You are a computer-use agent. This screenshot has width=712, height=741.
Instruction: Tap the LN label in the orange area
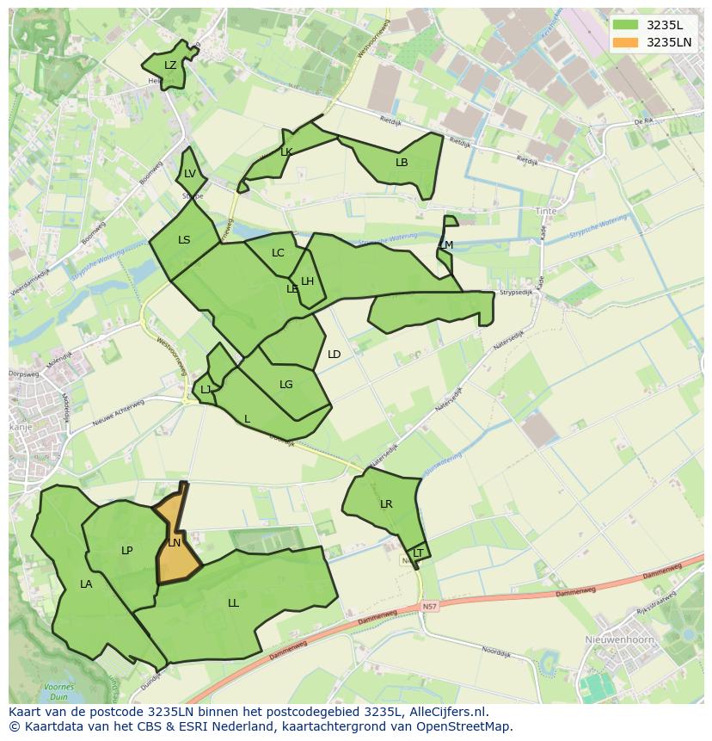click(174, 543)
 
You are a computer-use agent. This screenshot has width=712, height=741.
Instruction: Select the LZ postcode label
click(170, 65)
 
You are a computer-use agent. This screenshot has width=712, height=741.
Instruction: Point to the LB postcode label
click(402, 162)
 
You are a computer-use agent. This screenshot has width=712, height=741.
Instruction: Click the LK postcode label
click(286, 152)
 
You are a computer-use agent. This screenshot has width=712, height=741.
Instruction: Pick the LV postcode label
click(190, 174)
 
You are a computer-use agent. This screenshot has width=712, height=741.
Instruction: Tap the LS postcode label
click(184, 240)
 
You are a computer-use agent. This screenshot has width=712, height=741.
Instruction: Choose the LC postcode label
click(278, 253)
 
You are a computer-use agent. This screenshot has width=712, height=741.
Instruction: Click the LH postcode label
click(307, 281)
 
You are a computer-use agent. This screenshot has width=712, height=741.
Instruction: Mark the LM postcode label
click(446, 245)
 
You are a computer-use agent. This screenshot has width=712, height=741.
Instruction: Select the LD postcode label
click(335, 355)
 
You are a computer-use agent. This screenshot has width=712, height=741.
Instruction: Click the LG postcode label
click(286, 385)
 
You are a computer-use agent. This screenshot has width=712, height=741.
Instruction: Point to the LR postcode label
click(386, 504)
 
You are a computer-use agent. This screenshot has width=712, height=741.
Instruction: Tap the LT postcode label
click(418, 553)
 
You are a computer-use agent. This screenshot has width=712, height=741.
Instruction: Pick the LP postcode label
click(127, 551)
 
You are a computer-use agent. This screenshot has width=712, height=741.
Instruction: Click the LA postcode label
click(86, 584)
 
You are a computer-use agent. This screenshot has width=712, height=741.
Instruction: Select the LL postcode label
click(233, 603)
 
